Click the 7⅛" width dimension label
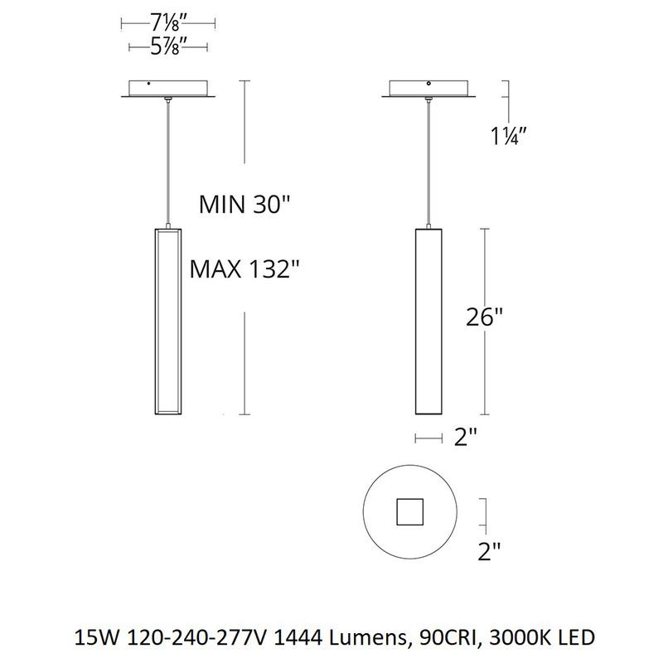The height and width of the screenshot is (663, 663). [x=168, y=24]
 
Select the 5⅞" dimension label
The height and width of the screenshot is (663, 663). [x=168, y=47]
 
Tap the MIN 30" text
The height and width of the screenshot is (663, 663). [x=244, y=205]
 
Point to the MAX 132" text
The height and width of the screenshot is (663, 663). [x=244, y=269]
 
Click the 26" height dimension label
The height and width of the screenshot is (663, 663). [x=484, y=317]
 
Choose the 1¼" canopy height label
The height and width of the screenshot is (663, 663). [x=508, y=136]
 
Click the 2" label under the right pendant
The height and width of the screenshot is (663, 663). [x=465, y=437]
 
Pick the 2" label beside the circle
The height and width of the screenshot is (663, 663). [x=489, y=551]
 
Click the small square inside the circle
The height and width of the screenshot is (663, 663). [x=409, y=512]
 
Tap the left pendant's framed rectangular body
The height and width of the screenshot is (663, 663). [x=168, y=322]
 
